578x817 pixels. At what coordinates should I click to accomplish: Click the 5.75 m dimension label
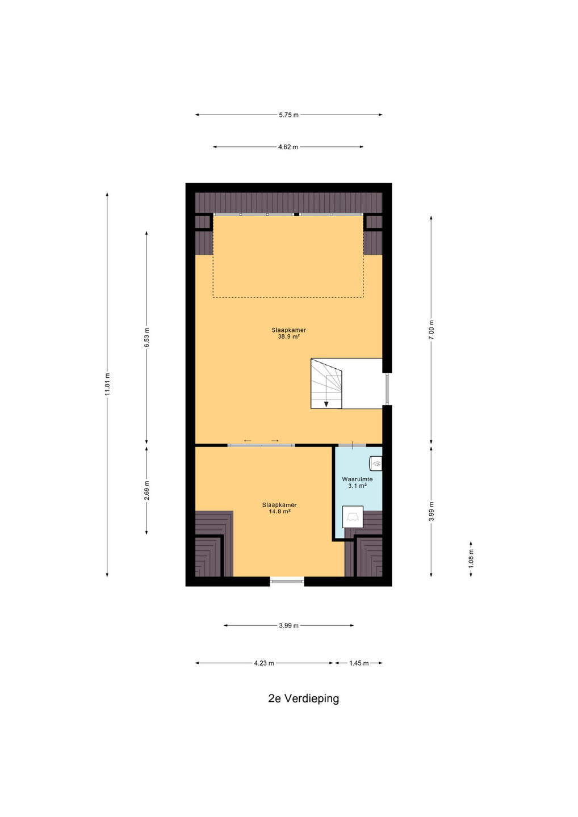tap(288, 115)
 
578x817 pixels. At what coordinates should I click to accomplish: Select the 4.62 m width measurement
tap(288, 147)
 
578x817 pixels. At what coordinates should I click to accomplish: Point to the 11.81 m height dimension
tap(107, 385)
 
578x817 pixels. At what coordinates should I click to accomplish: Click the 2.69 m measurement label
tap(146, 491)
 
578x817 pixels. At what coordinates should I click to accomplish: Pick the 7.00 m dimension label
tap(431, 330)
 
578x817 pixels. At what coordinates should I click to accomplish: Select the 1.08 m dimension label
tap(471, 558)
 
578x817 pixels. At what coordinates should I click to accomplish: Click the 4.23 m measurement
tap(264, 663)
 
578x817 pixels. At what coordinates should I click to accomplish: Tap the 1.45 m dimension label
tap(359, 663)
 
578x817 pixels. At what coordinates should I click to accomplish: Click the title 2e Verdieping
tap(304, 698)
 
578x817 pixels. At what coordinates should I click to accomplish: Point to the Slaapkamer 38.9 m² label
tap(288, 334)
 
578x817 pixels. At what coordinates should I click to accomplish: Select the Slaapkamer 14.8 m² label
tap(279, 508)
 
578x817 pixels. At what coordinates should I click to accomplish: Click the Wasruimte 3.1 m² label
tap(357, 482)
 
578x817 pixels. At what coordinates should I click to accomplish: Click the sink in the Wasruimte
tap(376, 463)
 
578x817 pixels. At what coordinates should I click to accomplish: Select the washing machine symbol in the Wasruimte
tap(353, 517)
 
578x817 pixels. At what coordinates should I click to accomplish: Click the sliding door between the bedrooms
tap(261, 445)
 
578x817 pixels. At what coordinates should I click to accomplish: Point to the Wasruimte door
tap(352, 445)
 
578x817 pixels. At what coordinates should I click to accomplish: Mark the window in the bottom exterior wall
tap(287, 582)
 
